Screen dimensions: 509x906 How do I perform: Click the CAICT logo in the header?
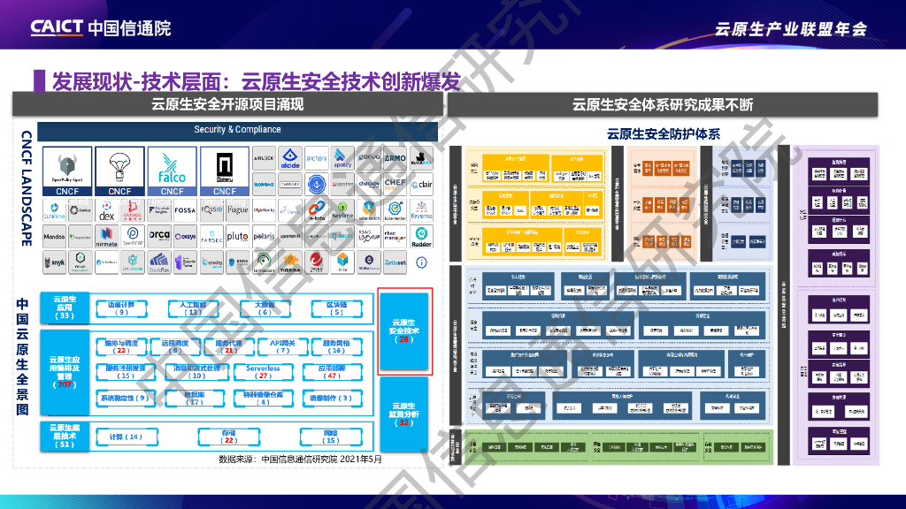100,27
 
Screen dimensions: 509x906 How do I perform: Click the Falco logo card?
172,171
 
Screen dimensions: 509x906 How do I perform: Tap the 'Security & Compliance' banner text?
237,130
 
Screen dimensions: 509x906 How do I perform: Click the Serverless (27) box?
263,372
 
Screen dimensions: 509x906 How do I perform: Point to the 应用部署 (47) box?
333,372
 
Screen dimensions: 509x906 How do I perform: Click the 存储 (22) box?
229,437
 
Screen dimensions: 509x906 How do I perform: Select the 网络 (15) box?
331,437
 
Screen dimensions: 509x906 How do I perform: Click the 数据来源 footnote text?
300,459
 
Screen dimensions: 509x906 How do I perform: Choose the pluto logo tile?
237,237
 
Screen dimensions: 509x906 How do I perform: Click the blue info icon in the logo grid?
421,262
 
